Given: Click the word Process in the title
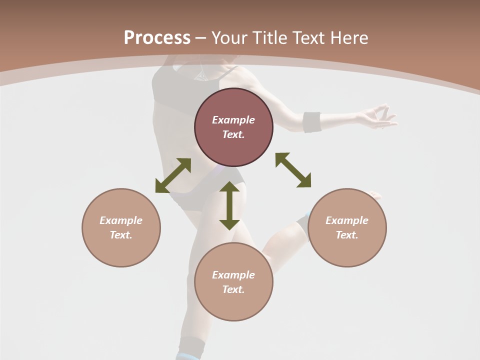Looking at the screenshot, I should (157, 38).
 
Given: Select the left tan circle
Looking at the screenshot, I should (121, 250).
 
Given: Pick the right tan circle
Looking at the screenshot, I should (347, 250).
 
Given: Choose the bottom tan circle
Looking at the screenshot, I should (233, 305).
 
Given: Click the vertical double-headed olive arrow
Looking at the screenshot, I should (229, 205).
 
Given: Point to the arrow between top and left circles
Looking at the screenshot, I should (173, 175).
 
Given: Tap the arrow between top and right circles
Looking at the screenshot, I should (293, 170).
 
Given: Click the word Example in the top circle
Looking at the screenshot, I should (233, 120).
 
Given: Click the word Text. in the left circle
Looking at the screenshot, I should (121, 235).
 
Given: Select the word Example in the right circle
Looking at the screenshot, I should (347, 220).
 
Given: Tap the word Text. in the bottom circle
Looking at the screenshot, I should (233, 289).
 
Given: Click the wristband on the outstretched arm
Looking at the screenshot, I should (312, 122).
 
